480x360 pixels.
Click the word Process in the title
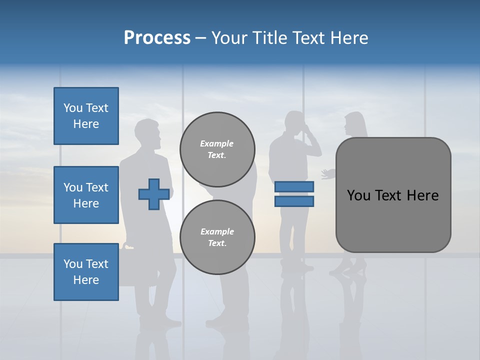click(x=157, y=38)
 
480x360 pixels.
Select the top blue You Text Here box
click(x=86, y=116)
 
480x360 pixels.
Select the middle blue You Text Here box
click(x=86, y=195)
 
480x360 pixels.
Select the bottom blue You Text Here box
click(x=86, y=272)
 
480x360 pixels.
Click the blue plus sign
click(x=153, y=194)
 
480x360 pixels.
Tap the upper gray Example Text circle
click(x=217, y=149)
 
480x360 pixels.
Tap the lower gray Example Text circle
click(x=217, y=237)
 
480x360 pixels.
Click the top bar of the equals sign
click(x=294, y=186)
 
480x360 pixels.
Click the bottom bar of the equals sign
click(x=294, y=201)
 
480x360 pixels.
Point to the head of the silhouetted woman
click(x=353, y=123)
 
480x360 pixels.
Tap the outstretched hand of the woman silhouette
click(x=327, y=173)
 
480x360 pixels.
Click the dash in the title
click(x=200, y=38)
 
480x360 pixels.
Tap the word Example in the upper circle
click(x=217, y=143)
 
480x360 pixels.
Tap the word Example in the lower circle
click(x=217, y=231)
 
